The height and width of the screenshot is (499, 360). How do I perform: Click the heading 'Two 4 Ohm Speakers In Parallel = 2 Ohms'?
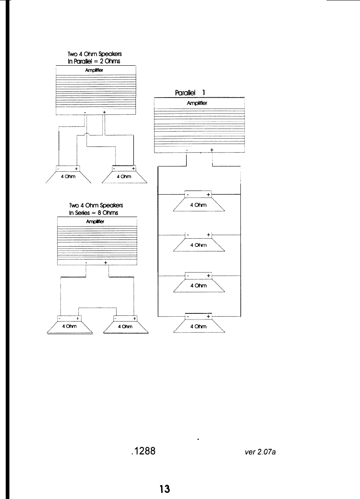pos(95,58)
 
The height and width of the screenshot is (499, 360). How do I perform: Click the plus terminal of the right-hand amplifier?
pos(212,150)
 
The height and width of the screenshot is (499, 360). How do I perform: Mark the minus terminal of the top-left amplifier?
pos(85,112)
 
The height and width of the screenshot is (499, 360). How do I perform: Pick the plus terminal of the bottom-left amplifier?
pos(106,263)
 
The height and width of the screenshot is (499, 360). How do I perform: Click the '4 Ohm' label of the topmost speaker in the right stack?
pos(199,206)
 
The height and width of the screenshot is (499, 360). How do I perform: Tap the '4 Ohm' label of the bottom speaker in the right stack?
pos(199,326)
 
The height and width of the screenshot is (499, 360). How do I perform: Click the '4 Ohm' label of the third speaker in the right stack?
pos(199,286)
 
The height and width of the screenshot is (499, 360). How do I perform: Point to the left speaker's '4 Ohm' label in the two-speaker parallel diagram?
pos(68,177)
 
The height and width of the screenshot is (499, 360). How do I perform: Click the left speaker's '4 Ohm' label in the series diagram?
pos(69,326)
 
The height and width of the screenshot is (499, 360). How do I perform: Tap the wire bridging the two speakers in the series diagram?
pos(98,308)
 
